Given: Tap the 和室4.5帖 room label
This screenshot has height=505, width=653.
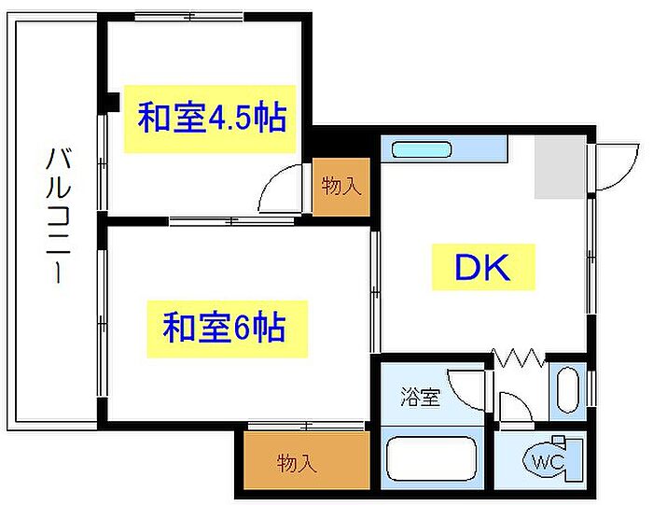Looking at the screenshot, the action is [x=211, y=119].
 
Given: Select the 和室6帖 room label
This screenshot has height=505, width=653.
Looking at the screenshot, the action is [x=225, y=328].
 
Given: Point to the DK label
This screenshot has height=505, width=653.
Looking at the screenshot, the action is [x=482, y=268].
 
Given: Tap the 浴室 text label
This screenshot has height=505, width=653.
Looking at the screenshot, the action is [x=420, y=398].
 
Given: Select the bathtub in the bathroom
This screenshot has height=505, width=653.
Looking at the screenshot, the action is [x=431, y=460].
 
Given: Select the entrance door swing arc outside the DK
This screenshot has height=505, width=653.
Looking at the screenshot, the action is [x=614, y=168].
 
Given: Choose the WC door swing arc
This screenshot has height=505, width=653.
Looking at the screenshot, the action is [x=512, y=408].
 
